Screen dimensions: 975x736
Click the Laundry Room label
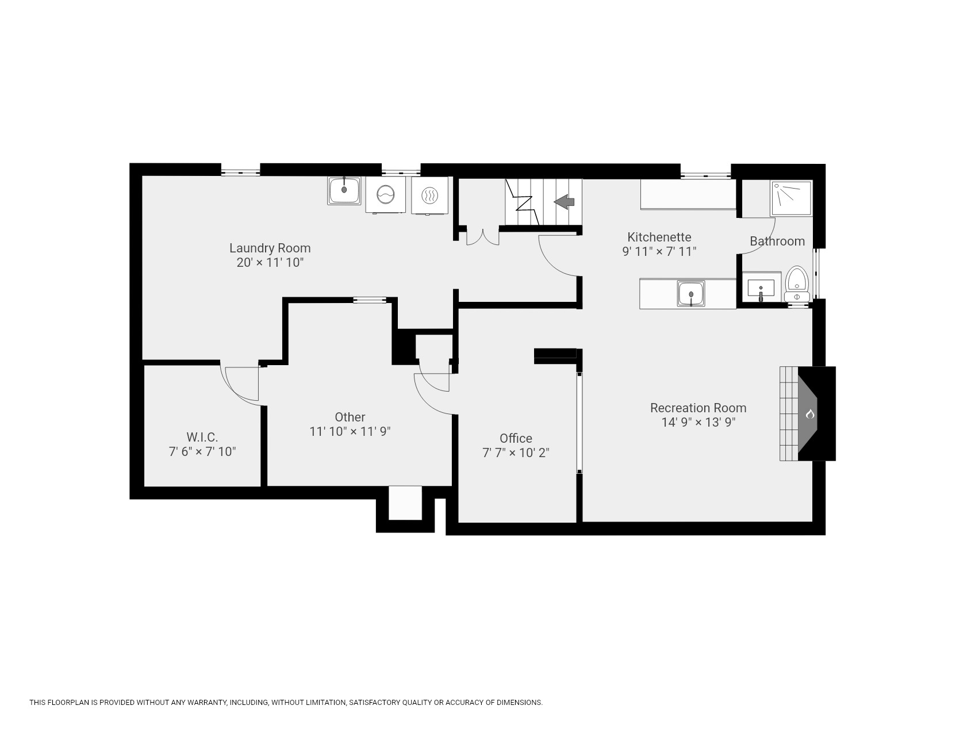point(270,248)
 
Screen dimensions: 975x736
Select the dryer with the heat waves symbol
point(429,195)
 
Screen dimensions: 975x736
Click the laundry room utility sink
point(344,190)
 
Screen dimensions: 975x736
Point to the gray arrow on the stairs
point(564,201)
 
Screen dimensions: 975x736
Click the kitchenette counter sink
point(690,293)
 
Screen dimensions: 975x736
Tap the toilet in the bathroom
point(797,283)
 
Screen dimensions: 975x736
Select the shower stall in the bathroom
point(791,198)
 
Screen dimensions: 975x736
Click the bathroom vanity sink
point(761,287)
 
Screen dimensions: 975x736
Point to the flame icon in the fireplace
point(810,414)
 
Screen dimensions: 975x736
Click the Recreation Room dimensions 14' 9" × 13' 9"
point(698,422)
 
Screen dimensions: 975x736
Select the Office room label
point(516,438)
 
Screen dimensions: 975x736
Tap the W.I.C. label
point(202,437)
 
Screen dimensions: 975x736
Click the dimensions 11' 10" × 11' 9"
point(350,431)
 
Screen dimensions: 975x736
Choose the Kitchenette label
point(659,237)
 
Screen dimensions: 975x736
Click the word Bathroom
point(777,241)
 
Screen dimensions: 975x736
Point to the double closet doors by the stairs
point(482,236)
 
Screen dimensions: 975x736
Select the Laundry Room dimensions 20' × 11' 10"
point(270,262)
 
